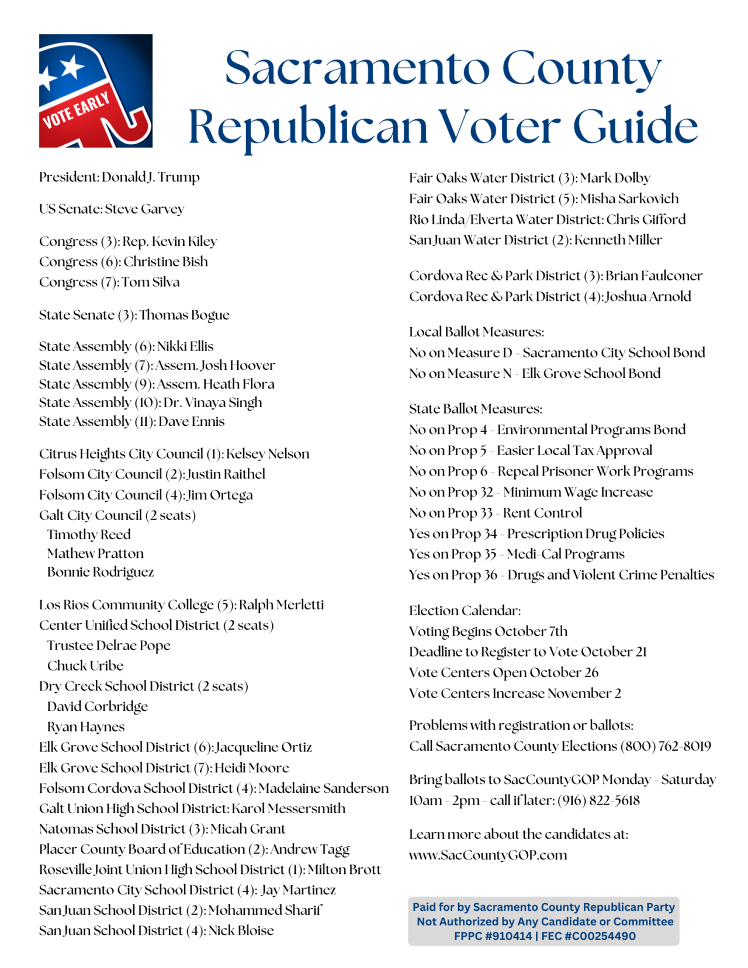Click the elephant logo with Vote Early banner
[x=96, y=91]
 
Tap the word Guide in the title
[x=635, y=126]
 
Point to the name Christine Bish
[x=165, y=262]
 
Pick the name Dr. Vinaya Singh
[x=213, y=403]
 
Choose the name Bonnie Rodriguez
[x=101, y=572]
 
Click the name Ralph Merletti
[x=281, y=605]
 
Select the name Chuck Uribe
[x=85, y=666]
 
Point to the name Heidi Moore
[x=252, y=768]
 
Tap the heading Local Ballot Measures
[x=476, y=332]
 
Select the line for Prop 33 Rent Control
[x=496, y=513]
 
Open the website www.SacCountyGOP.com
[x=488, y=855]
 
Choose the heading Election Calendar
[x=465, y=610]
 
